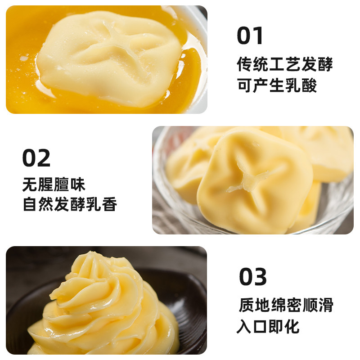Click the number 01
250,36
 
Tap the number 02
36,158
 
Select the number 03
253,277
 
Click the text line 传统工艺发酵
285,64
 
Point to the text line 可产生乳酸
277,85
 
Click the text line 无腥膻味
54,184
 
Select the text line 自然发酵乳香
70,204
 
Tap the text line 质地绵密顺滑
286,305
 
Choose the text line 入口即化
268,326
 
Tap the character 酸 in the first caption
309,85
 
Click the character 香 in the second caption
109,204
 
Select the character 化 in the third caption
292,326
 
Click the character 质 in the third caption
247,305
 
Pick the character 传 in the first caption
245,64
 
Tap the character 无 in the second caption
30,184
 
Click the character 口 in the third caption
261,326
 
